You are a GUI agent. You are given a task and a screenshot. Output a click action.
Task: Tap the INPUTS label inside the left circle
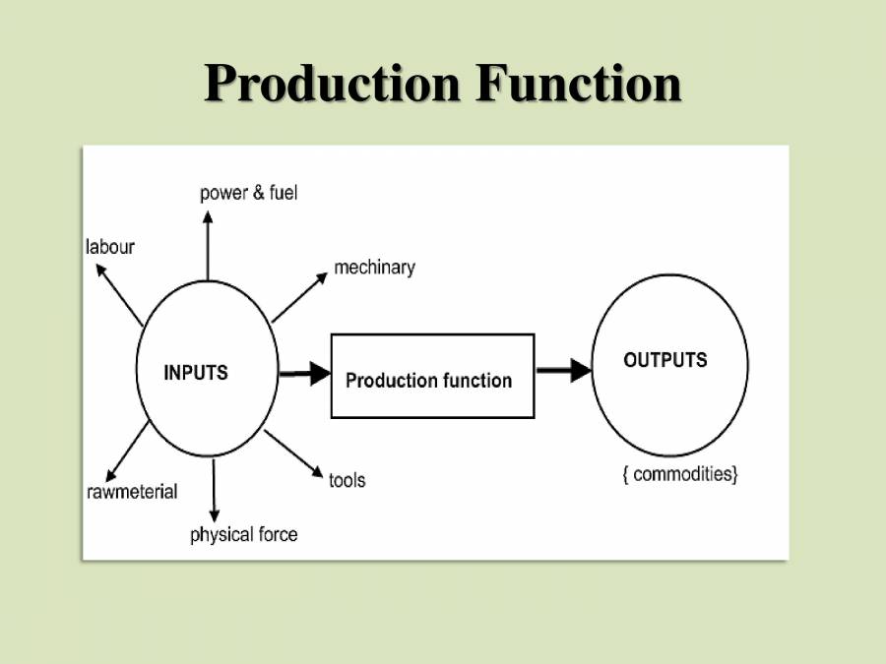[195, 373]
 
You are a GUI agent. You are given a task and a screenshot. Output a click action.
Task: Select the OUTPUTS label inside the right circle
[664, 360]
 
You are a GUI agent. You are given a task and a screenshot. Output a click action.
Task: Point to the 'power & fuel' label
[248, 193]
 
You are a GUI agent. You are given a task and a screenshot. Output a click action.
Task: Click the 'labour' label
[109, 247]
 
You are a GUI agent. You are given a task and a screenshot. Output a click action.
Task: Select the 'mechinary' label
[374, 267]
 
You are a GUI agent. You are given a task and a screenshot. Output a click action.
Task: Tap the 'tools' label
[347, 480]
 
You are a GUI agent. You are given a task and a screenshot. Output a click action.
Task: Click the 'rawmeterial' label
[132, 491]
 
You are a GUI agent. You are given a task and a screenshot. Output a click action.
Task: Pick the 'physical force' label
[243, 535]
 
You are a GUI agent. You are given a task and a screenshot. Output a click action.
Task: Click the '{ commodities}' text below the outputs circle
[679, 474]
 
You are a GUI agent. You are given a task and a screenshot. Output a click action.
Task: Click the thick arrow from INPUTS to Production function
[305, 373]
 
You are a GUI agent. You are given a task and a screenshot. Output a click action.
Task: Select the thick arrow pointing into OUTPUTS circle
[564, 370]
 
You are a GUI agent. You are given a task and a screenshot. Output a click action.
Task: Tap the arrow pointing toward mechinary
[299, 297]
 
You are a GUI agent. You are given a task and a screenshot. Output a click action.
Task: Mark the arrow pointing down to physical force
[214, 489]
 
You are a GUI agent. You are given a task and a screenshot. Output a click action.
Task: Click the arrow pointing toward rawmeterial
[128, 451]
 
